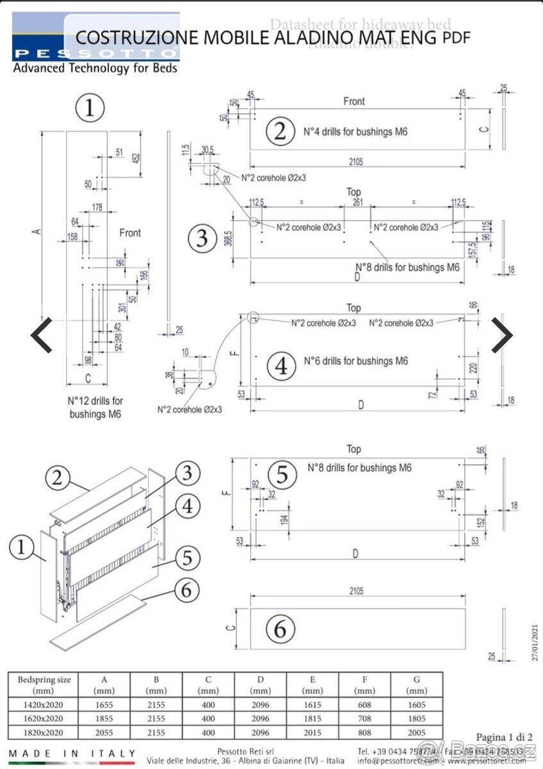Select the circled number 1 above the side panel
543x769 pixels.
[90, 108]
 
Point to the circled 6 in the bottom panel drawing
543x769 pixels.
[280, 630]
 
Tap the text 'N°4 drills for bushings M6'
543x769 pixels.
[355, 132]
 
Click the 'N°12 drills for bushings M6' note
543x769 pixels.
[95, 408]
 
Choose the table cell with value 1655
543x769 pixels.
[104, 704]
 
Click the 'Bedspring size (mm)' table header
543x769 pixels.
[44, 684]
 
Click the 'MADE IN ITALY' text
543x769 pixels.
[72, 754]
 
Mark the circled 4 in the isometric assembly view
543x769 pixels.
[186, 506]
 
